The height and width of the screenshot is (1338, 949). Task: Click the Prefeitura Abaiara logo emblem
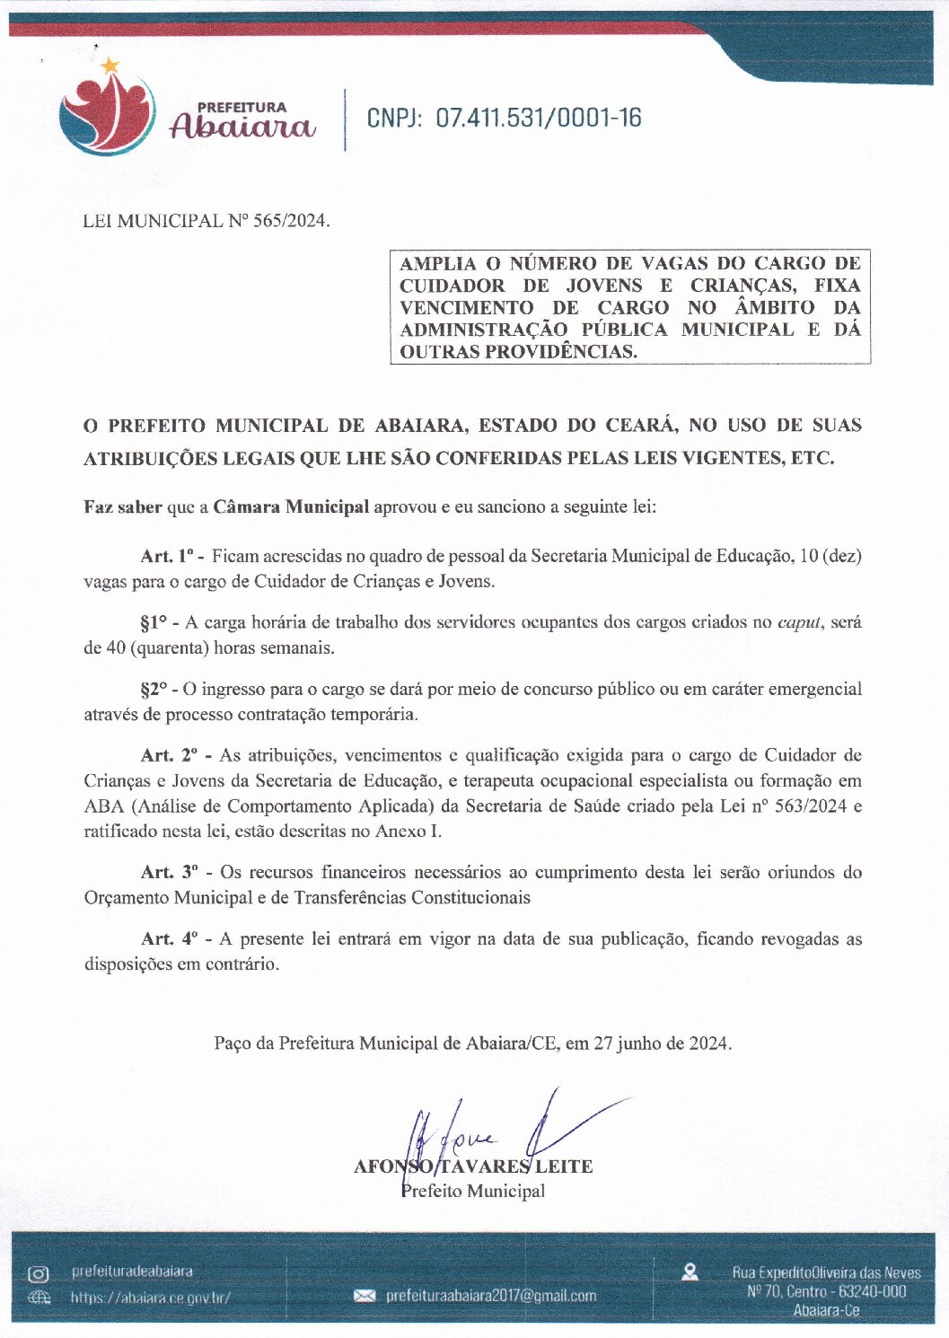[106, 112]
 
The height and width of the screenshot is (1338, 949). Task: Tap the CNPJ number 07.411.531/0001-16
[539, 118]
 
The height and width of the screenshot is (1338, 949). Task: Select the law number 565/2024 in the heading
[291, 221]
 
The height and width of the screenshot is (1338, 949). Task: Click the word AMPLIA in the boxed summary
[437, 263]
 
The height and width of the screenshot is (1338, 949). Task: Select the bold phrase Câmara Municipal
[291, 506]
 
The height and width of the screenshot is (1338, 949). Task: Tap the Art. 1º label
[172, 556]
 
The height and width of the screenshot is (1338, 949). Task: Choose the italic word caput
[799, 622]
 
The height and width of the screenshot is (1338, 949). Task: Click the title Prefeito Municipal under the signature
[473, 1192]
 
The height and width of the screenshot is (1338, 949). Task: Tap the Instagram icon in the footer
[39, 1273]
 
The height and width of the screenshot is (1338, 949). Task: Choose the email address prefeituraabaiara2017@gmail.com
[490, 1296]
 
